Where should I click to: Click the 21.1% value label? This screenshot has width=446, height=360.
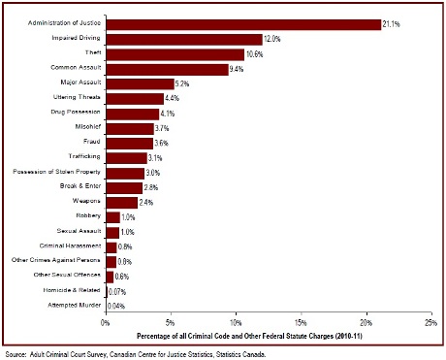393,23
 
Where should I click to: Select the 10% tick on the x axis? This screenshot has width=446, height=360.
236,321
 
